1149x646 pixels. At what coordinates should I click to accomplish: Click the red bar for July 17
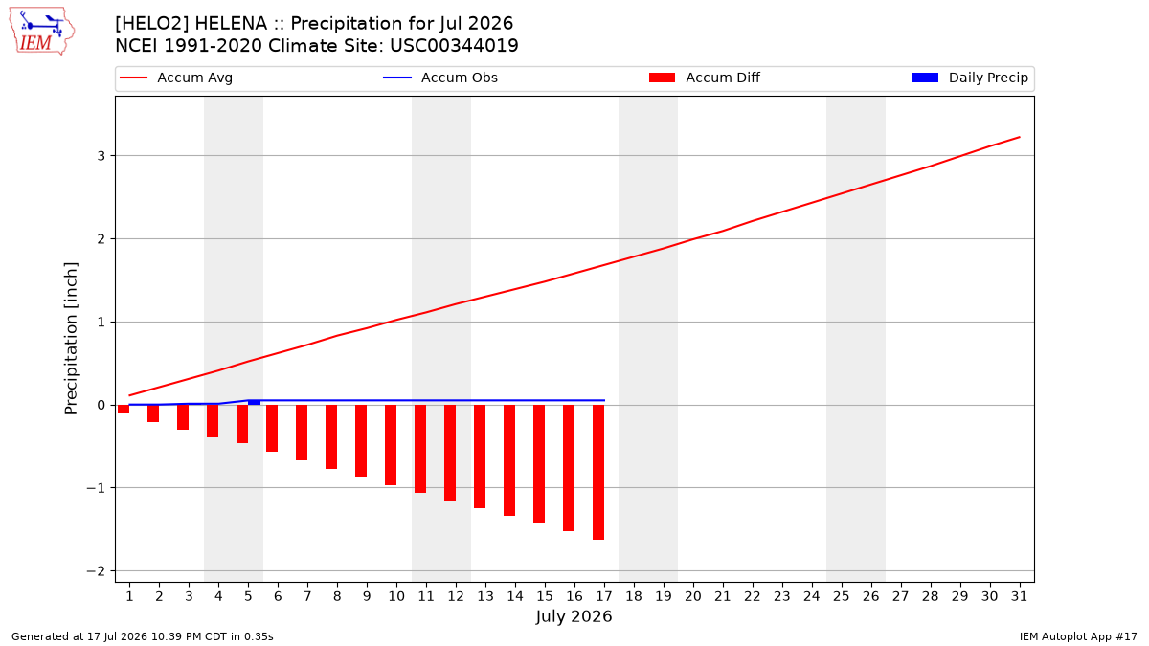coord(598,472)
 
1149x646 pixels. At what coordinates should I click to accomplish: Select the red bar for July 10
coord(391,445)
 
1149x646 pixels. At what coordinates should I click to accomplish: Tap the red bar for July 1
coord(124,410)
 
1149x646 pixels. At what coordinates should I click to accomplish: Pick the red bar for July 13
coord(480,457)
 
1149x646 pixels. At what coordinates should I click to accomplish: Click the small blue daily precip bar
coord(254,403)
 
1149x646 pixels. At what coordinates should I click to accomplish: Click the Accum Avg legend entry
coord(176,78)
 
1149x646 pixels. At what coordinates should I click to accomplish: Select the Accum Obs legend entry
coord(440,78)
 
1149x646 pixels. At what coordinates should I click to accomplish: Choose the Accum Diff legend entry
coord(705,78)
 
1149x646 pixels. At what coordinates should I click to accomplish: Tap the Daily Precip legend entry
coord(969,78)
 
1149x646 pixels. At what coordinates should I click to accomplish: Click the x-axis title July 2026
coord(574,616)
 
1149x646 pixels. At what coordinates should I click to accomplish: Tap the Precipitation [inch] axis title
coord(71,339)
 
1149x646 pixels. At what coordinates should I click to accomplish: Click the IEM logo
coord(42,32)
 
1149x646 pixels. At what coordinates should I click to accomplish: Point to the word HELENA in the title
coord(231,24)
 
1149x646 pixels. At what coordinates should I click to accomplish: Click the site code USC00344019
coord(454,46)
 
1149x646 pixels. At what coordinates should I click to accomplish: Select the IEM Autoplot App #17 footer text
coord(1078,636)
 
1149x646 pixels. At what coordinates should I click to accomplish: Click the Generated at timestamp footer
coord(143,636)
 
